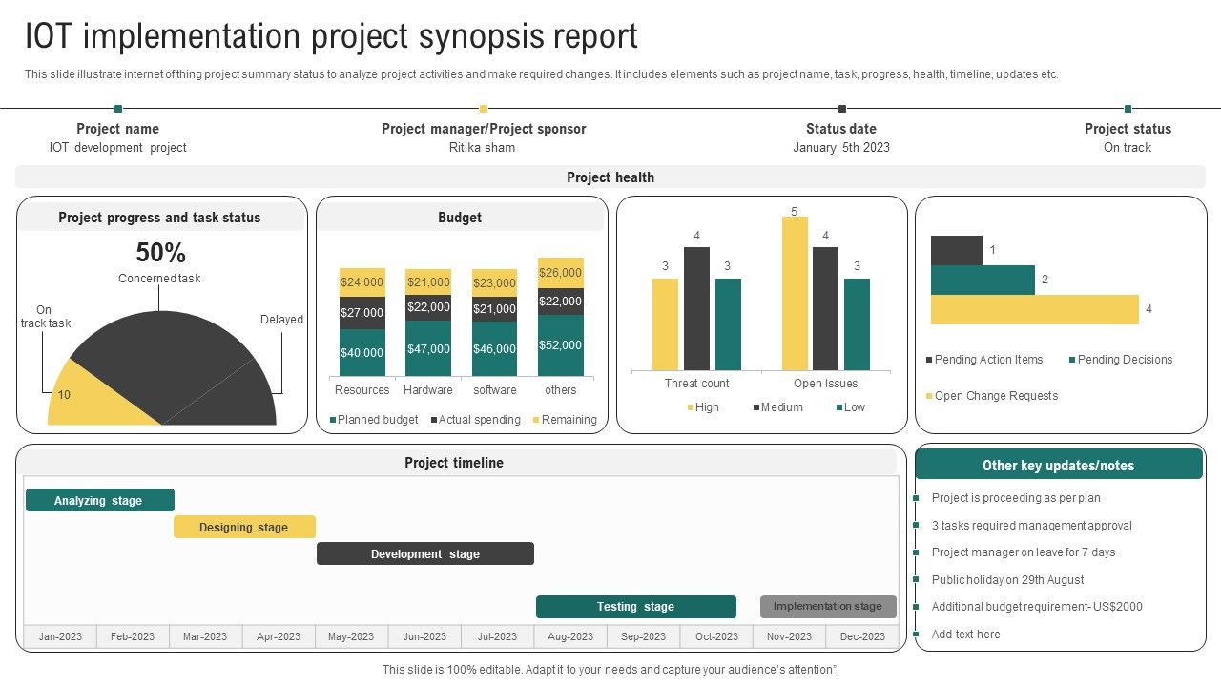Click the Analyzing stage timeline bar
coord(99,501)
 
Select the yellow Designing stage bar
coord(244,528)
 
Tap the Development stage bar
coord(424,554)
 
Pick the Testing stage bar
coord(635,607)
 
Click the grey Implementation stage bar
coord(828,607)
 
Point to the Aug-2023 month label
coord(570,636)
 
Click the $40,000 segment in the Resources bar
coord(362,353)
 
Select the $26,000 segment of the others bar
coord(561,273)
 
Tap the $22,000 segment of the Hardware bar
coord(428,307)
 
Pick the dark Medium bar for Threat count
coord(696,308)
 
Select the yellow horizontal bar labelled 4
coord(1034,310)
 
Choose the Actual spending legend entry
coord(475,420)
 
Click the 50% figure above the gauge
coord(160,253)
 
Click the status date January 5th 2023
coord(840,148)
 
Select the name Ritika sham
coord(482,148)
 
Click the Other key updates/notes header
coord(1058,466)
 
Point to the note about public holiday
coord(1007,580)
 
